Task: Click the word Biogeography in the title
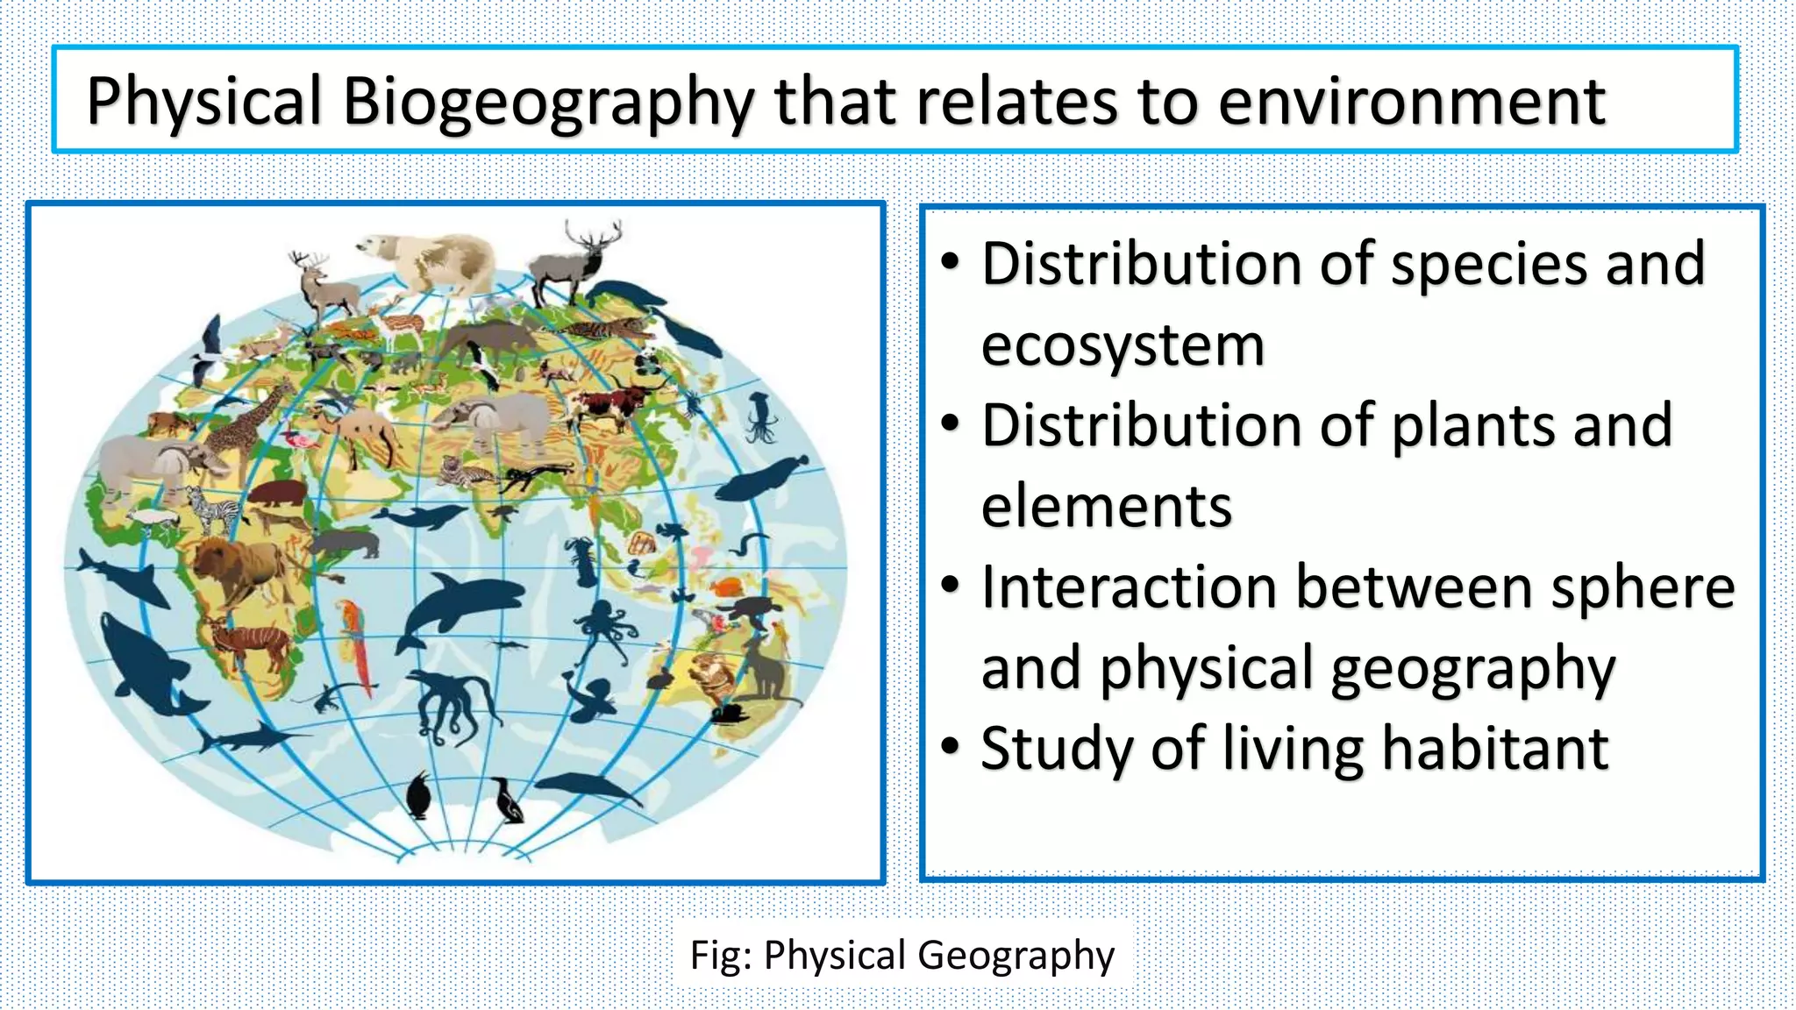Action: pyautogui.click(x=547, y=103)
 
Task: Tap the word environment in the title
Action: pyautogui.click(x=1412, y=103)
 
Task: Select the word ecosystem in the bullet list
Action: pyautogui.click(x=1122, y=345)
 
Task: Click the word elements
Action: pyautogui.click(x=1107, y=507)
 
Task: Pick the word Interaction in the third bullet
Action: pyautogui.click(x=1130, y=587)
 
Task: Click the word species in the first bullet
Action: pyautogui.click(x=1490, y=264)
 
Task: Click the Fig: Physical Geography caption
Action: pyautogui.click(x=902, y=955)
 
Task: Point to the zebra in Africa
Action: pyautogui.click(x=211, y=509)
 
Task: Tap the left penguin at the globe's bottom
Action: pyautogui.click(x=419, y=795)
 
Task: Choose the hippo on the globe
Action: pyautogui.click(x=277, y=492)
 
